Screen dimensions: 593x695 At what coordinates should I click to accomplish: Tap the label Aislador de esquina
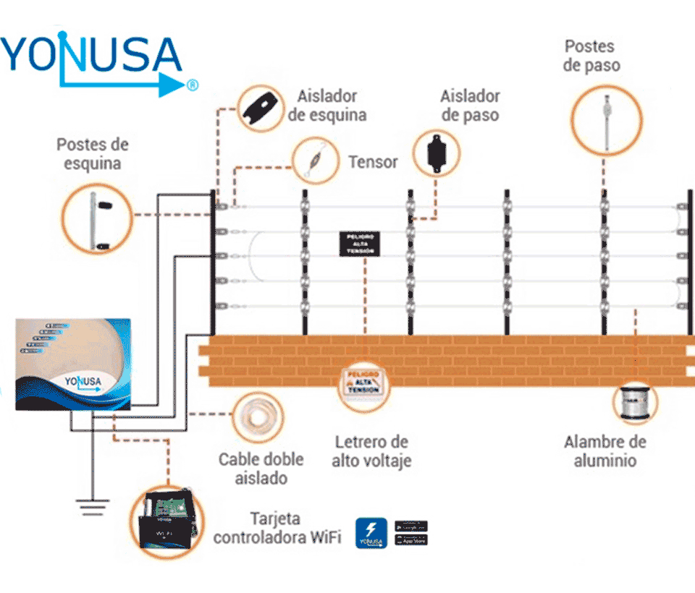pos(327,106)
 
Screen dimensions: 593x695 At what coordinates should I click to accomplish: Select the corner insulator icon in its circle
pos(261,108)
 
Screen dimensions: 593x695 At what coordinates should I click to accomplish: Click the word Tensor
pos(372,161)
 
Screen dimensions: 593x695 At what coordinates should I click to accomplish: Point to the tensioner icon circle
pos(315,161)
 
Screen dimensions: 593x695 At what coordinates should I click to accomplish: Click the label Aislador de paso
pos(470,106)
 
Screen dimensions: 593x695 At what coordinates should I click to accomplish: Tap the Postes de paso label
pos(589,56)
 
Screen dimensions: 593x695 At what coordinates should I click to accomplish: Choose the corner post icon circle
pos(96,216)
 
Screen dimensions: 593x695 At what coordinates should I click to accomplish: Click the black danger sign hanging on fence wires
pos(358,243)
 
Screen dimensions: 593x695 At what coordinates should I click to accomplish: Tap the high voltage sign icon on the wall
pos(364,381)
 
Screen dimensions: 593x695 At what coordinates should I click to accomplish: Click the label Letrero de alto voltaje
pos(371,451)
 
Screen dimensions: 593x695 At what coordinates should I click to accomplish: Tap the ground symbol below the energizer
pos(92,507)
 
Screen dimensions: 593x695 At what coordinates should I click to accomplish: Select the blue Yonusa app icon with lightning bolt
pos(371,532)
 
